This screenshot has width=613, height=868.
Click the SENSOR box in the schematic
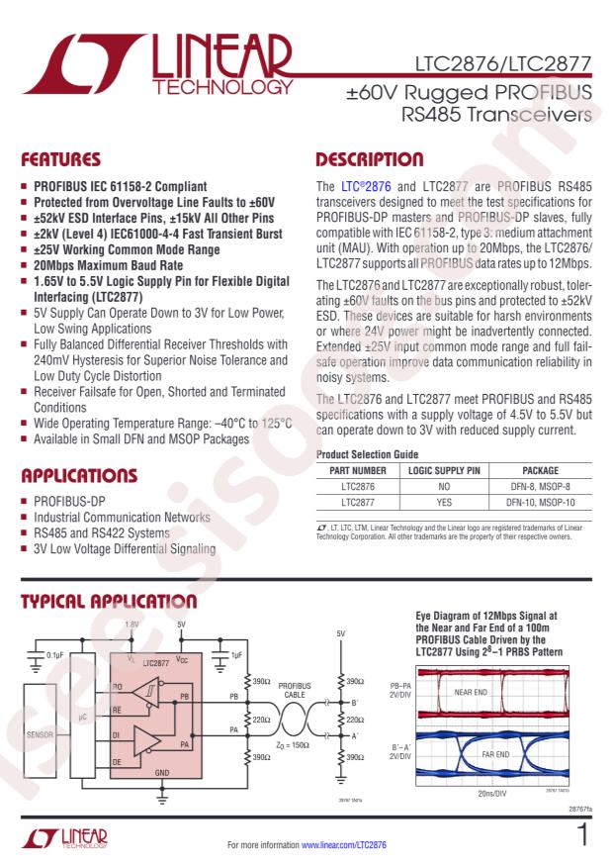pos(41,735)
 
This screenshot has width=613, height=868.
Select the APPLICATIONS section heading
pos(81,475)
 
